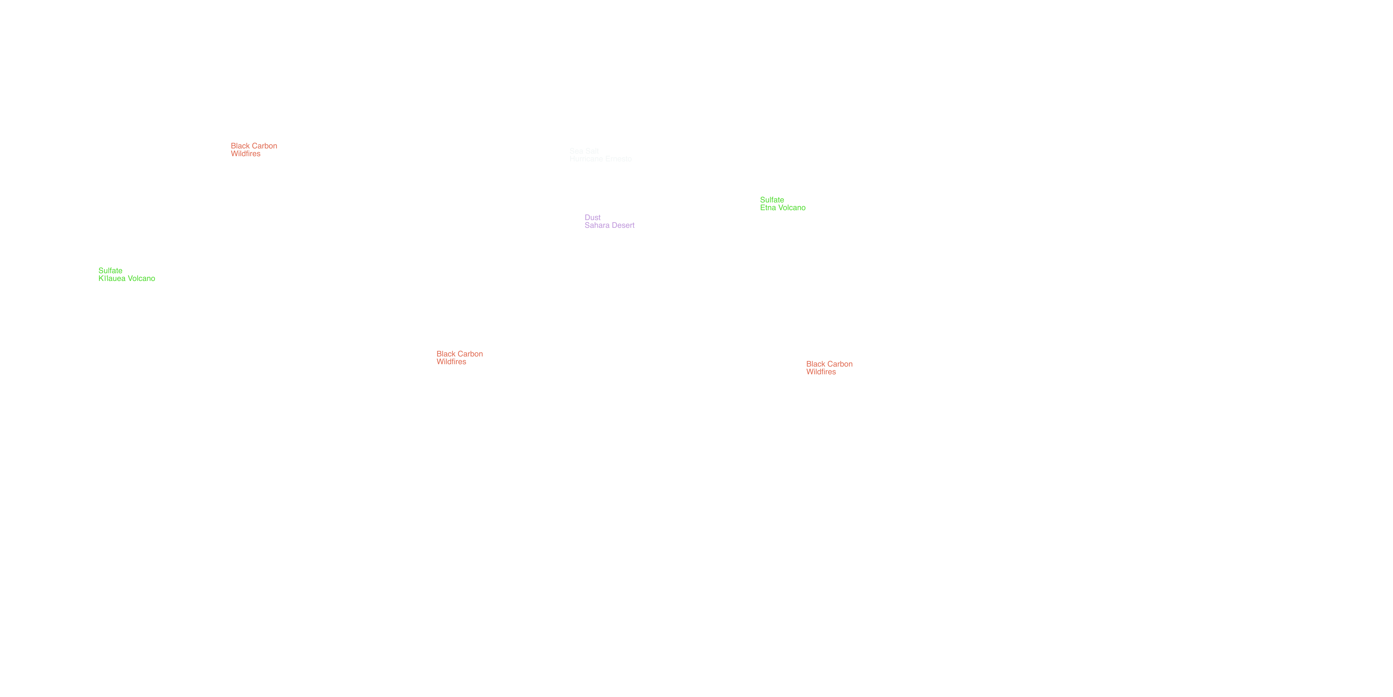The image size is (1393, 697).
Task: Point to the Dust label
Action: click(593, 217)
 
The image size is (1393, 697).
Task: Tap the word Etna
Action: click(767, 208)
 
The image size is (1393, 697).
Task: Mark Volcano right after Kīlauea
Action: click(141, 279)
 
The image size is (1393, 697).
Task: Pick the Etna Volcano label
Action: click(782, 208)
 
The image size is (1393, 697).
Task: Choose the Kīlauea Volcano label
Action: click(127, 279)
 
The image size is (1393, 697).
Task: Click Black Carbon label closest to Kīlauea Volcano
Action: click(254, 146)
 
